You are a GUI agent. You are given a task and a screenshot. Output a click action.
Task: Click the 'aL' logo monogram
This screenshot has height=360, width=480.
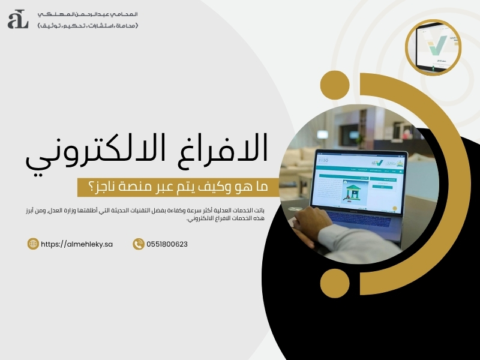coord(18,19)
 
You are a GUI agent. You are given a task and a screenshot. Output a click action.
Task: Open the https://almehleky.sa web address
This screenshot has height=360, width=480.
coord(77,244)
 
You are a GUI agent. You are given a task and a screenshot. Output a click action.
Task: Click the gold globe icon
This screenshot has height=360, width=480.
coord(34,244)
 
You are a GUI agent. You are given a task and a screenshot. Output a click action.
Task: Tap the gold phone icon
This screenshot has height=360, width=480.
coord(139,244)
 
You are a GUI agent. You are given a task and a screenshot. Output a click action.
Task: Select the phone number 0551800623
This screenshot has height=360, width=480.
coord(167,244)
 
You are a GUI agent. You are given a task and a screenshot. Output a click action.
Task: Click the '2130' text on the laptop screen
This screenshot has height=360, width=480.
coord(322,161)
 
